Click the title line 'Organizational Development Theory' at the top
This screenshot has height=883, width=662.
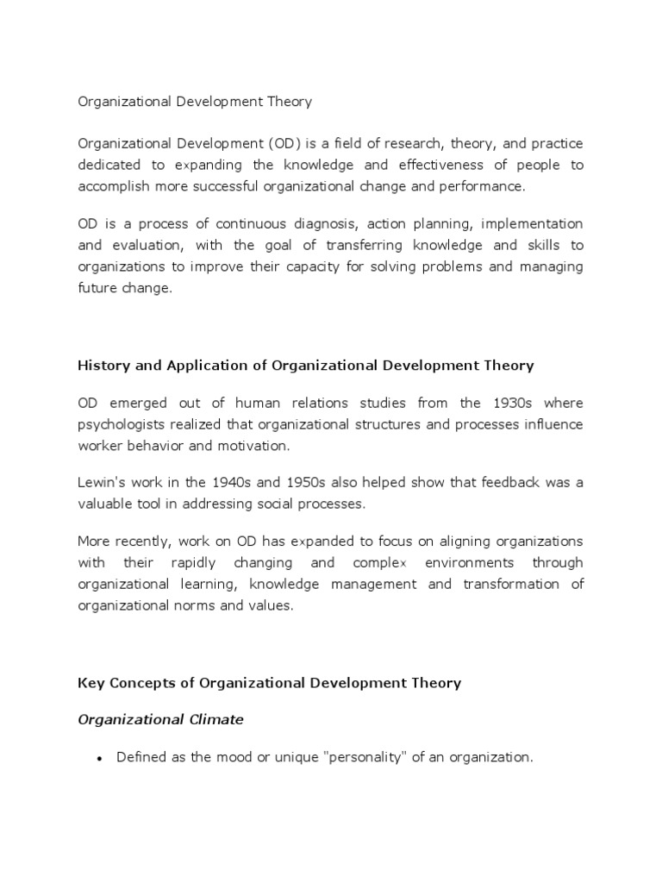(x=195, y=102)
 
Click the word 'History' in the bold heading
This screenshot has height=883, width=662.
(x=103, y=366)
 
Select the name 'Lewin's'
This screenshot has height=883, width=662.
(x=102, y=483)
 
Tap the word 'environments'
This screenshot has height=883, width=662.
(x=472, y=563)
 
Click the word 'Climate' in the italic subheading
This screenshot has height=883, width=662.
(x=214, y=719)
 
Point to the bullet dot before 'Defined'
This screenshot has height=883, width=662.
(x=100, y=759)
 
